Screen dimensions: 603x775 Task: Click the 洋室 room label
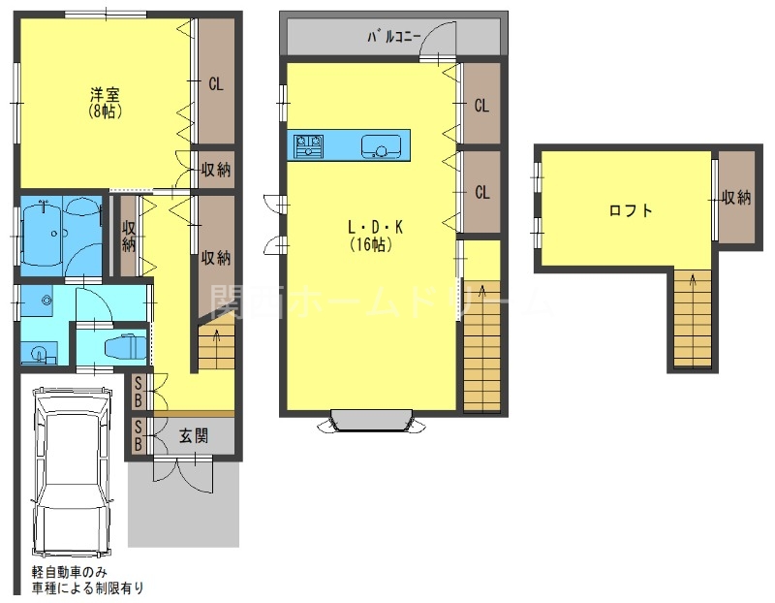tap(106, 95)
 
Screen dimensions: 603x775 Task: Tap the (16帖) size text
tap(369, 245)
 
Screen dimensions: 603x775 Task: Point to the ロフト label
tap(630, 210)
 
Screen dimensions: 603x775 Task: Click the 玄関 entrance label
tap(194, 436)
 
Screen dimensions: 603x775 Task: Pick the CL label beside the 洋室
tap(216, 84)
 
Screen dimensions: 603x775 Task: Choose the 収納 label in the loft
tap(736, 198)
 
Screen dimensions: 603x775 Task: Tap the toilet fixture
tap(124, 346)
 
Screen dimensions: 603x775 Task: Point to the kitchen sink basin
tap(382, 148)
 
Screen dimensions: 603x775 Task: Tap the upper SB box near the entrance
tap(139, 392)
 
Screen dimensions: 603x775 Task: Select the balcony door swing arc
tap(442, 41)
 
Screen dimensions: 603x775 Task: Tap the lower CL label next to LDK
tap(481, 192)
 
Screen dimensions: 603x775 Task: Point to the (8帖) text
tap(106, 111)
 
